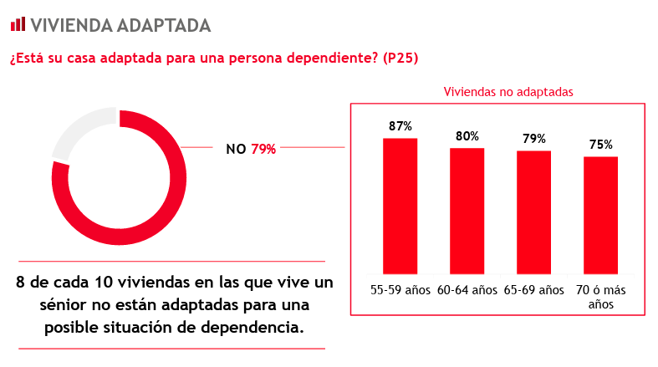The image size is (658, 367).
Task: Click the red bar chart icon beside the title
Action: [x=18, y=24]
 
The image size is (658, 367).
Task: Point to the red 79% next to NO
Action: [x=263, y=150]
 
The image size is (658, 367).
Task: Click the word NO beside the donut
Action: [x=236, y=150]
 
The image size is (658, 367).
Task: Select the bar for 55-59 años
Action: [x=400, y=206]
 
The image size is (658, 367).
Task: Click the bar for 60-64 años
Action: [x=467, y=211]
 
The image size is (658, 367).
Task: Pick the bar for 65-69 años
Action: [x=533, y=212]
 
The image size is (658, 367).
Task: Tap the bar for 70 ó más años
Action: [x=600, y=215]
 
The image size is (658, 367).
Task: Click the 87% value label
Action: [x=400, y=126]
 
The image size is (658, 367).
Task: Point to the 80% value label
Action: [x=467, y=136]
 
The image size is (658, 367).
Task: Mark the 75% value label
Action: [x=600, y=145]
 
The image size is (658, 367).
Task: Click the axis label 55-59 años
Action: [x=400, y=290]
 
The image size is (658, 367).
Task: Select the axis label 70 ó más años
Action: [x=600, y=297]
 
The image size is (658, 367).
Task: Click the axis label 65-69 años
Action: [x=533, y=290]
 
